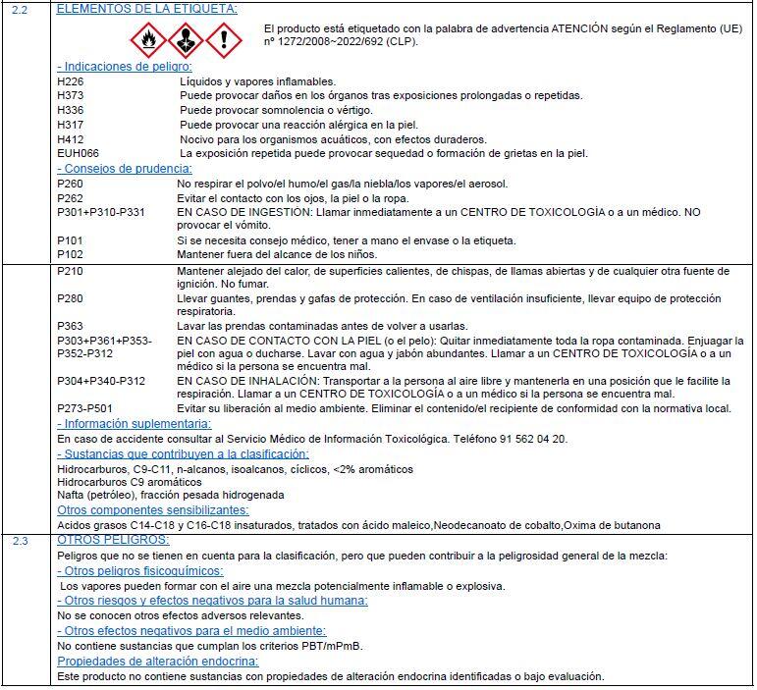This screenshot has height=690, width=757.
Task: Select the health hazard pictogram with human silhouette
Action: (x=186, y=40)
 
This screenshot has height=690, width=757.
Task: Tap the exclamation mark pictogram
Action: (x=224, y=40)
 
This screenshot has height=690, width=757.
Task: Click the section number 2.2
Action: (x=21, y=8)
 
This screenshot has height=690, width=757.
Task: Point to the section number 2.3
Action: (x=21, y=541)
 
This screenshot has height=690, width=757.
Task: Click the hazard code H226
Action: (x=71, y=81)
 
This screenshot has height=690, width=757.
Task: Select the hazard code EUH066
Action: (x=79, y=154)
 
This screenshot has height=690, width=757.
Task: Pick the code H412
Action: (x=71, y=139)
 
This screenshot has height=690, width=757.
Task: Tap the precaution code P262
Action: (x=71, y=198)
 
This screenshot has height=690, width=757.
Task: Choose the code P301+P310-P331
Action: (x=101, y=212)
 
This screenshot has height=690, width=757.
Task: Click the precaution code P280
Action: (x=71, y=298)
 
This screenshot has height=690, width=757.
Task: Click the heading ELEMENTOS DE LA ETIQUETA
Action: (x=147, y=8)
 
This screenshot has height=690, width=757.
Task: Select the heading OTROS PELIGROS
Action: (x=114, y=541)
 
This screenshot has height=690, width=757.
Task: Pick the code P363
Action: (x=71, y=326)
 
